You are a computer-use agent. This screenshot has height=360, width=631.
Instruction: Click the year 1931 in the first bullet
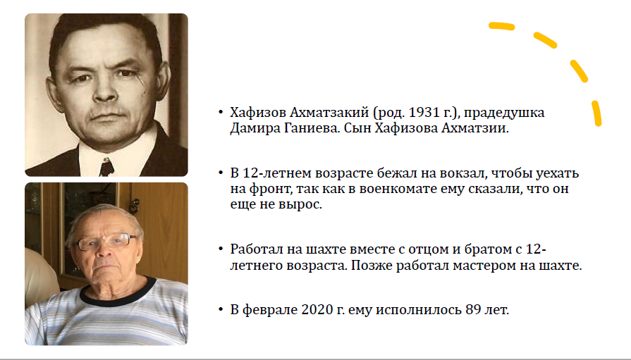tap(423, 113)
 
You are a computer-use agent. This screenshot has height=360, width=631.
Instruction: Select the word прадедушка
tap(504, 113)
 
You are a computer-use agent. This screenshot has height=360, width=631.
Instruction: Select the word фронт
tap(270, 190)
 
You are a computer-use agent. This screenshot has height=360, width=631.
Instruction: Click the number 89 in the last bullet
tap(473, 310)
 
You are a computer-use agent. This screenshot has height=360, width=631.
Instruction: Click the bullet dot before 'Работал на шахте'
tap(221, 249)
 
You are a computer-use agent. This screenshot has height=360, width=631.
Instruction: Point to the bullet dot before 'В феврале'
tap(221, 310)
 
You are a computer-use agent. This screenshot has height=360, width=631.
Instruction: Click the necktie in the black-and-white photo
tap(106, 168)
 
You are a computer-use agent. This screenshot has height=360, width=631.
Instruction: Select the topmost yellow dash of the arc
tap(502, 27)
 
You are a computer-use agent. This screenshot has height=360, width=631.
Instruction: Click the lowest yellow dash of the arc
tap(596, 114)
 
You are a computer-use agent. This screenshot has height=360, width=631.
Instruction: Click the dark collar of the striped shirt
tap(118, 293)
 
